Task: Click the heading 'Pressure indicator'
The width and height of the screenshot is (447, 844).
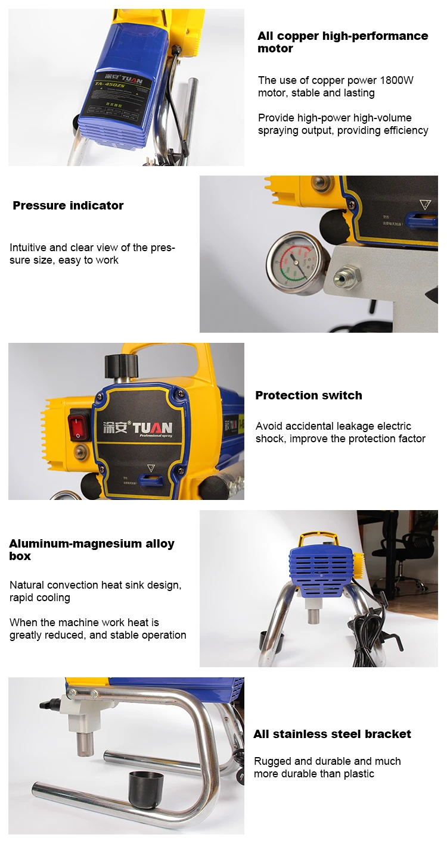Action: [68, 206]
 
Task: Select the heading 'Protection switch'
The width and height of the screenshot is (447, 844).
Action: [309, 396]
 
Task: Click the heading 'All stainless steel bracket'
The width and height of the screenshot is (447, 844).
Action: [332, 734]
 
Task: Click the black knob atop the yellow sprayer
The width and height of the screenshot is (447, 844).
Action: [121, 364]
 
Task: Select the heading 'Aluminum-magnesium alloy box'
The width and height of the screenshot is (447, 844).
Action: [92, 550]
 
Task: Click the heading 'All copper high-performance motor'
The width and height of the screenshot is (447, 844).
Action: [343, 42]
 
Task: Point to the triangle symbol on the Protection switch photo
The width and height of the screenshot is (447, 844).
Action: [151, 467]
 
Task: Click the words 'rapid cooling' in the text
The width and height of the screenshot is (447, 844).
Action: [40, 598]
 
